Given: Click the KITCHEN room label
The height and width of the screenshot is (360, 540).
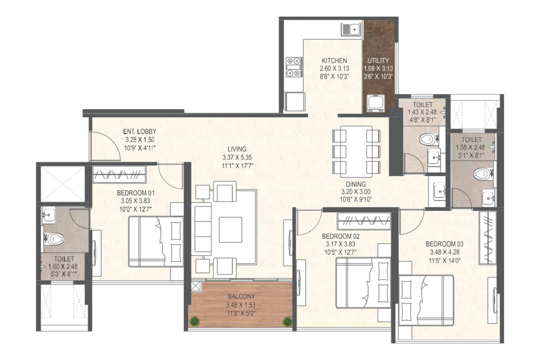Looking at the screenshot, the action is (334, 60).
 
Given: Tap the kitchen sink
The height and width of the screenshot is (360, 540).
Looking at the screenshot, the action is (351, 30).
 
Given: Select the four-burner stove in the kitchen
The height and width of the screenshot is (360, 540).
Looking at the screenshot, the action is (294, 67).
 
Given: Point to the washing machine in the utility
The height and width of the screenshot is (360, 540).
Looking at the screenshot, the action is (376, 103).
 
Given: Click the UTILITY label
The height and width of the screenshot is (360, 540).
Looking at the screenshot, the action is (378, 60).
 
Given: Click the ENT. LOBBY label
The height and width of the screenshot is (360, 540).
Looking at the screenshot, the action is (140, 132).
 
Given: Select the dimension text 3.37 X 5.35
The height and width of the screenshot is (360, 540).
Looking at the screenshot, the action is (237, 158).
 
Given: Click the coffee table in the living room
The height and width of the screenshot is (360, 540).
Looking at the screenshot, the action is (231, 230).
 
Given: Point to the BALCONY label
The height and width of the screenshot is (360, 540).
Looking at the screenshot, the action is (241, 296).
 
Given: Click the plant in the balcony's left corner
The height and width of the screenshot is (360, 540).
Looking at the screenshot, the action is (194, 321).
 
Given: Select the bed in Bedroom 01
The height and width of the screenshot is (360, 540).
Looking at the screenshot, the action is (156, 242).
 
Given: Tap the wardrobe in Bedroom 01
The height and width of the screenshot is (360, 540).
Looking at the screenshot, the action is (119, 174).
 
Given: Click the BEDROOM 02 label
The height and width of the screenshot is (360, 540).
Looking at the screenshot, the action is (341, 236).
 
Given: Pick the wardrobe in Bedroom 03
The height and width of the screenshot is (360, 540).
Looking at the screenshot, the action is (488, 238).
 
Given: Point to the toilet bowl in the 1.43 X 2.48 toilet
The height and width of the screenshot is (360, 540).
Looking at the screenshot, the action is (429, 139).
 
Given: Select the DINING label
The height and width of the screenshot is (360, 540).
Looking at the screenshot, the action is (356, 184).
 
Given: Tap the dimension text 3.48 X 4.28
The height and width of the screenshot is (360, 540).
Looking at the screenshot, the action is (445, 252).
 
